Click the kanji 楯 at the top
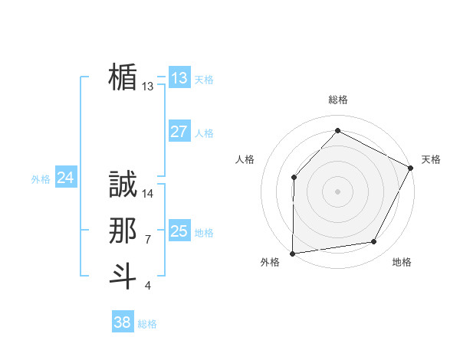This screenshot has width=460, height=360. click(x=123, y=77)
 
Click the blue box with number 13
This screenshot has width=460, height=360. click(x=179, y=78)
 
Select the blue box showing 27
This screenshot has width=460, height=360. click(x=179, y=132)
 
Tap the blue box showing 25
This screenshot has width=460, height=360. click(x=179, y=231)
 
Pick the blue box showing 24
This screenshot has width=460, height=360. click(x=66, y=178)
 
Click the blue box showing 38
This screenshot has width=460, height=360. click(x=123, y=322)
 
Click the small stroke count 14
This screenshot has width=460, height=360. click(x=149, y=194)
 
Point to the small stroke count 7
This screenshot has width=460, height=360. click(x=148, y=240)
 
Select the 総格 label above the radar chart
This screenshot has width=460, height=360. click(x=337, y=100)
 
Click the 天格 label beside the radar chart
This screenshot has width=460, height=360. click(x=431, y=159)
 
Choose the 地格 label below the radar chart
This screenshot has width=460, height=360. click(x=402, y=262)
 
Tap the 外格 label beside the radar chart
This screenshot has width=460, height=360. click(x=269, y=262)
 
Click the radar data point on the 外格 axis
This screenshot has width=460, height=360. click(x=293, y=253)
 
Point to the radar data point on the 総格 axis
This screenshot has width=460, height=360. click(x=337, y=130)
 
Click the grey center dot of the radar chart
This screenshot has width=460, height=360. click(x=337, y=191)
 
